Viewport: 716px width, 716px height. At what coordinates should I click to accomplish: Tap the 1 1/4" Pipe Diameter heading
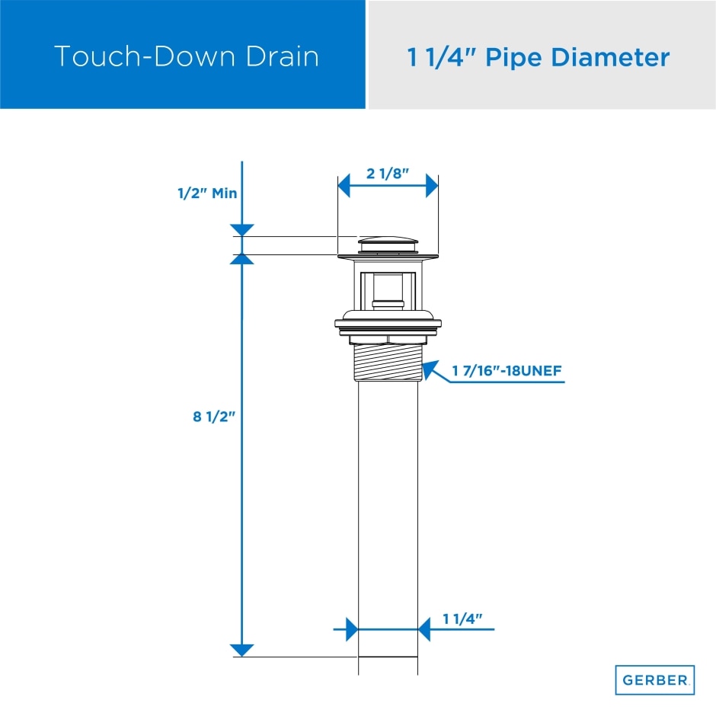pos(539,57)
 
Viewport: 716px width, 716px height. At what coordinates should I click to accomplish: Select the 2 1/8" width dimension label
pos(388,173)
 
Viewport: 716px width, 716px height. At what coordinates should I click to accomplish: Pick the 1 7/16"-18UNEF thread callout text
pos(507,372)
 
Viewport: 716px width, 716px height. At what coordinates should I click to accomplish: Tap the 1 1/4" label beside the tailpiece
pos(464,619)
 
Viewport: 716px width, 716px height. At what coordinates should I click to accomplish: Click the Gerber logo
pos(654,679)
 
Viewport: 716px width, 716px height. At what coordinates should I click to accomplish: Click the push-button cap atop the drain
pos(388,241)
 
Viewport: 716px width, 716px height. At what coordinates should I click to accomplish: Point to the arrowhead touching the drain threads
pos(430,371)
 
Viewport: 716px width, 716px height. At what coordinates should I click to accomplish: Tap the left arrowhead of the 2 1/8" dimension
pos(344,185)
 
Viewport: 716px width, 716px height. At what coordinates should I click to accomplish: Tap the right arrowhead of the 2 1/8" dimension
pos(431,185)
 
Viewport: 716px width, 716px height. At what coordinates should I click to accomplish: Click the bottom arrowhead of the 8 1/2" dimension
pos(241,649)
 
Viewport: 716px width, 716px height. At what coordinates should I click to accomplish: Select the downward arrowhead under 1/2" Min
pos(241,229)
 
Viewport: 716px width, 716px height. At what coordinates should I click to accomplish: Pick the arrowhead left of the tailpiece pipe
pos(351,629)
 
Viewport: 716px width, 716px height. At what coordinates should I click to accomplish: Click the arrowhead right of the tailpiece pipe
pos(425,629)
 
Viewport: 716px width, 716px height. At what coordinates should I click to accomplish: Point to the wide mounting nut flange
pos(388,323)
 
